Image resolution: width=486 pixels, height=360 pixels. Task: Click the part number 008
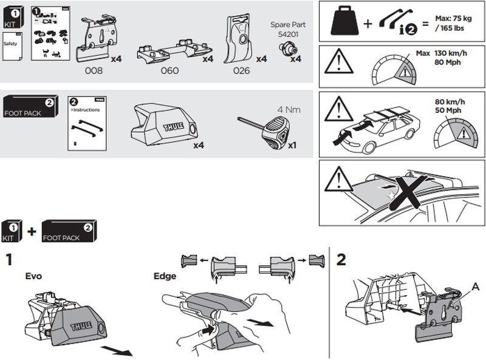94,70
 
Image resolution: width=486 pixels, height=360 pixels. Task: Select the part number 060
169,70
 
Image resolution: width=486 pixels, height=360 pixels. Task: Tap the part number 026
242,70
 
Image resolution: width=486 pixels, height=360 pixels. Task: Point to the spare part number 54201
287,35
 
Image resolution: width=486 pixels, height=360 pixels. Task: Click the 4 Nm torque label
290,110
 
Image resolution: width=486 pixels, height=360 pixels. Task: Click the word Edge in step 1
165,276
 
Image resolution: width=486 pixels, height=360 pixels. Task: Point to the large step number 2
341,260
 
